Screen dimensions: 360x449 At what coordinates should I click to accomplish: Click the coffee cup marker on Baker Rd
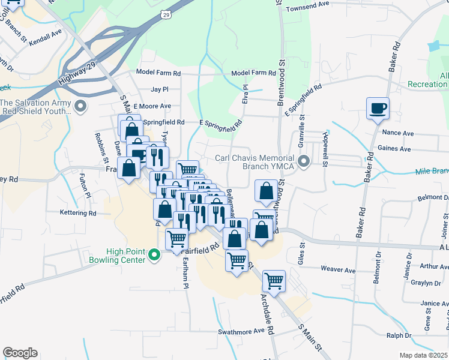coord(378,109)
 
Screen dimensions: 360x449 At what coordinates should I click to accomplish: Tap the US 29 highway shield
coord(165,13)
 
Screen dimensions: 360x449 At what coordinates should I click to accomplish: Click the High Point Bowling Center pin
coord(154,256)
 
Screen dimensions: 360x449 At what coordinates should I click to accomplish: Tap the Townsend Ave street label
coord(307,4)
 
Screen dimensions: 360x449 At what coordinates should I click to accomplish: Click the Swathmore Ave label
coord(241,331)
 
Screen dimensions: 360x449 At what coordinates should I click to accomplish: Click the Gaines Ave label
coord(394,149)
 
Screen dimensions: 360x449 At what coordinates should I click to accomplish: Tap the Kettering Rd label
coord(78,213)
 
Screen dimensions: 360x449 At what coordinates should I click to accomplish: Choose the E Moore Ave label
coord(152,106)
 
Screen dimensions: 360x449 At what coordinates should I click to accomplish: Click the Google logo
coord(20,353)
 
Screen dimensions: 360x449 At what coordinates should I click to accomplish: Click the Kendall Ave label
coord(46,37)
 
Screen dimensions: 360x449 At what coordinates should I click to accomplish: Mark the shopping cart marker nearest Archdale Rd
coord(274,280)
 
